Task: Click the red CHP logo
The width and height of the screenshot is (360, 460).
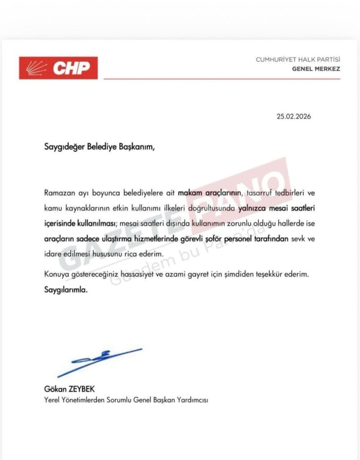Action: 58,68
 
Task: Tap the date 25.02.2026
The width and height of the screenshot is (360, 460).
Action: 294,116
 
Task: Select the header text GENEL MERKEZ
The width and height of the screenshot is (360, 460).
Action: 316,69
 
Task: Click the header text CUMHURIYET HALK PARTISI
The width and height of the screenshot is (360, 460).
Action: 298,59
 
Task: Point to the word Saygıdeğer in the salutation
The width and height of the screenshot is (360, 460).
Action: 65,146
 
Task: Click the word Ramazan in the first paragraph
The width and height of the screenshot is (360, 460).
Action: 58,193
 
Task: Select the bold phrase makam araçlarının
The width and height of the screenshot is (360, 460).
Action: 210,193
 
